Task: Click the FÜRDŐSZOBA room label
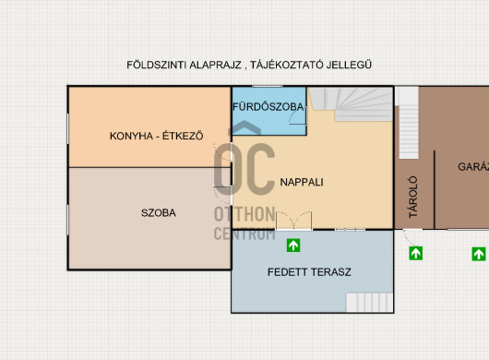click(x=268, y=107)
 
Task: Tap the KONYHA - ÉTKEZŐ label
click(x=156, y=136)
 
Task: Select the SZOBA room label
click(x=159, y=212)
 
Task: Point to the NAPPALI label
click(x=302, y=182)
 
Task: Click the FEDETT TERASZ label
click(x=309, y=272)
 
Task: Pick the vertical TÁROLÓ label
click(x=413, y=197)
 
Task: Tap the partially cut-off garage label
click(x=473, y=166)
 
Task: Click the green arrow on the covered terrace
click(x=293, y=246)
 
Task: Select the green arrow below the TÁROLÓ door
click(x=416, y=253)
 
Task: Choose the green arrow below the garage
click(x=479, y=254)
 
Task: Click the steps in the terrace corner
click(x=369, y=302)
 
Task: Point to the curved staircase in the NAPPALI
click(x=351, y=104)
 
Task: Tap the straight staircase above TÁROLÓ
click(x=409, y=123)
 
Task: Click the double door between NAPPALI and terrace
click(x=293, y=221)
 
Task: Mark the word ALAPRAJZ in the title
click(x=215, y=65)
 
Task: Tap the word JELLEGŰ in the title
click(x=349, y=65)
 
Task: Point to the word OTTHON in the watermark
click(x=244, y=214)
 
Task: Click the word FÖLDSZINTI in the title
click(x=157, y=65)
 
